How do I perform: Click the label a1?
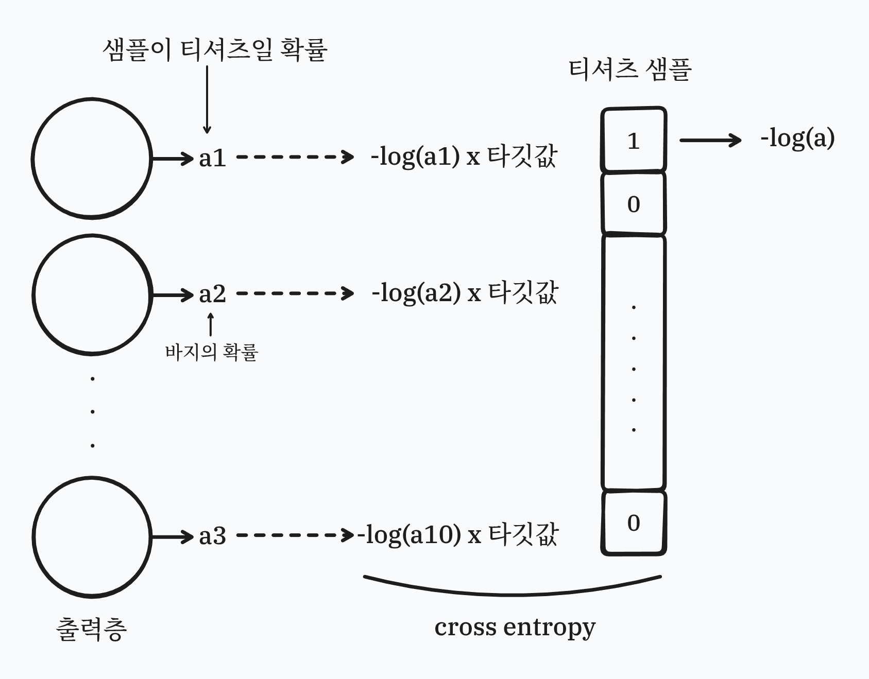pos(212,158)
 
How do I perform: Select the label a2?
pos(212,294)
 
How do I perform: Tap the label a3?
pos(212,536)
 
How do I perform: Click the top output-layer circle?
pos(92,159)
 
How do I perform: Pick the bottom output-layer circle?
pos(92,537)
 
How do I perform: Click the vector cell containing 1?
pos(634,140)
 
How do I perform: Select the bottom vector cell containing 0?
pos(634,523)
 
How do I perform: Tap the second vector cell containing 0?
pos(634,204)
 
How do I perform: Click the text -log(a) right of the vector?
pos(797,138)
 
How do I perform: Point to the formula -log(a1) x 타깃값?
pos(464,156)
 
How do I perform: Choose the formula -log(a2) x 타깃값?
pos(465,293)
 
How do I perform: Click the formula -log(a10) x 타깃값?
pos(458,534)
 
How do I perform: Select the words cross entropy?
pos(515,627)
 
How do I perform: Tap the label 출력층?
pos(91,629)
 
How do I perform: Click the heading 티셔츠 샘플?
pos(629,69)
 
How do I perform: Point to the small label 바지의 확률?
pos(211,352)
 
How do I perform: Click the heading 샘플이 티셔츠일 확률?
pos(215,50)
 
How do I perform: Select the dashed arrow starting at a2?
pos(295,294)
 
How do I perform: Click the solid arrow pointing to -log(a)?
pos(710,140)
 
